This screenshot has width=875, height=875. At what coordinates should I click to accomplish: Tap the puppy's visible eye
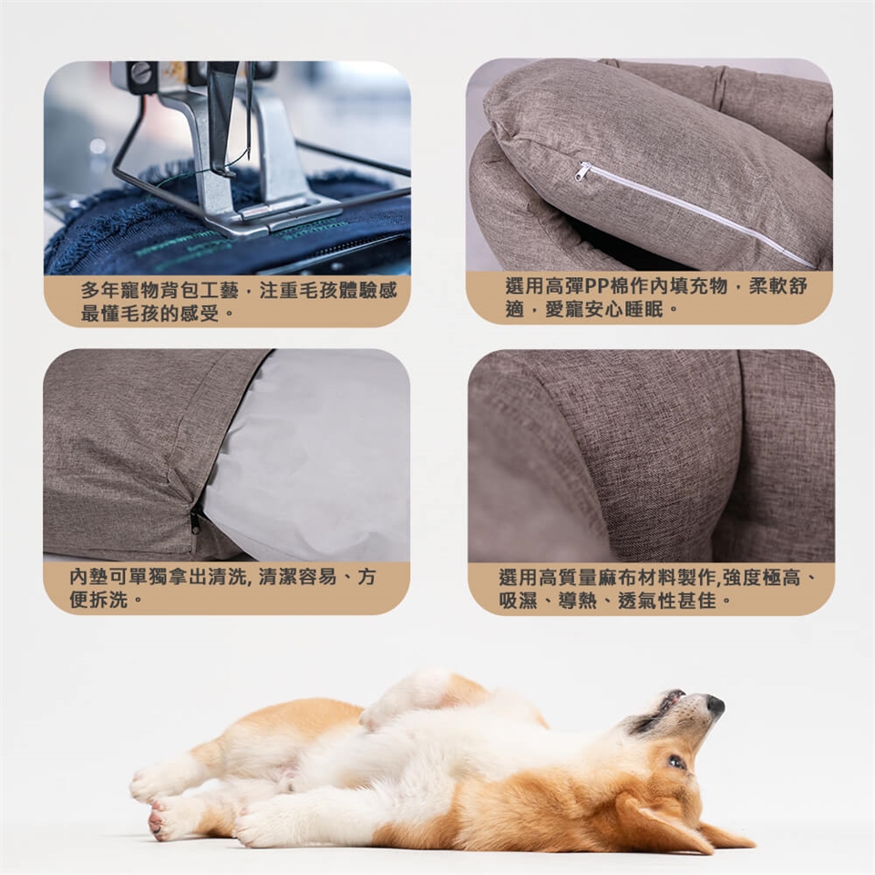click(675, 762)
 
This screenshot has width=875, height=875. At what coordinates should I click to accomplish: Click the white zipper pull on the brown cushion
click(582, 171)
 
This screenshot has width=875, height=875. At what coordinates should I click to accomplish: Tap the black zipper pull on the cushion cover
click(195, 520)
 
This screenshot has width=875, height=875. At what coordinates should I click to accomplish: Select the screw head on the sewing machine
click(140, 73)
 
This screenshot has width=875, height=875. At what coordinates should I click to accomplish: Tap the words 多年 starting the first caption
click(100, 291)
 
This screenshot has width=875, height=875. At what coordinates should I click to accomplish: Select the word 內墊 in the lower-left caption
click(88, 577)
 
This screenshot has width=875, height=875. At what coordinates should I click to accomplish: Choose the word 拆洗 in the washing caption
click(108, 600)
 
